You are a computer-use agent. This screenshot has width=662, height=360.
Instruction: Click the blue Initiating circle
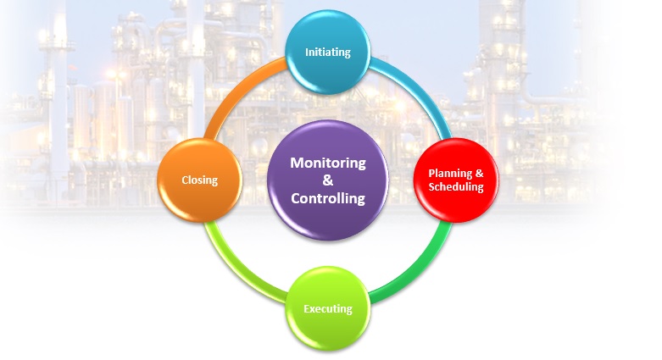point(328,53)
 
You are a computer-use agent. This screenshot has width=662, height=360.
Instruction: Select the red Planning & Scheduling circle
point(455,180)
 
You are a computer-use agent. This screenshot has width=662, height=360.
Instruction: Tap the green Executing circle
point(328,308)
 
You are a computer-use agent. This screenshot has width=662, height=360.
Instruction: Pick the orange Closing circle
point(200,180)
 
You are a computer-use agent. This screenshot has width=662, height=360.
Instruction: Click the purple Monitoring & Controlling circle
point(328,180)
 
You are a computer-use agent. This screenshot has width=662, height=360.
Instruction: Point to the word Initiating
point(328,53)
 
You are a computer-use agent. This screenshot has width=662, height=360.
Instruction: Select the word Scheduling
point(456,186)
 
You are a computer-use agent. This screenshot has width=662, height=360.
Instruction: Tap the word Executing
point(328,308)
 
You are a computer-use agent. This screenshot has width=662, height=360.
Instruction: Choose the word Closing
point(200,180)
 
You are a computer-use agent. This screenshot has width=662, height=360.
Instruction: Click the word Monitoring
point(328,162)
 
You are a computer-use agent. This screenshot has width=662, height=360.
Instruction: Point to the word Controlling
point(328,199)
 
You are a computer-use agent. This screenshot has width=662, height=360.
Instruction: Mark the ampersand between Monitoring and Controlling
point(328,180)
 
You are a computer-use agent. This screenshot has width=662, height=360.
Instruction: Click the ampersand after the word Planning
point(479,173)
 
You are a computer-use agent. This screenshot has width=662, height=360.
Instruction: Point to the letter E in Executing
point(308,308)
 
